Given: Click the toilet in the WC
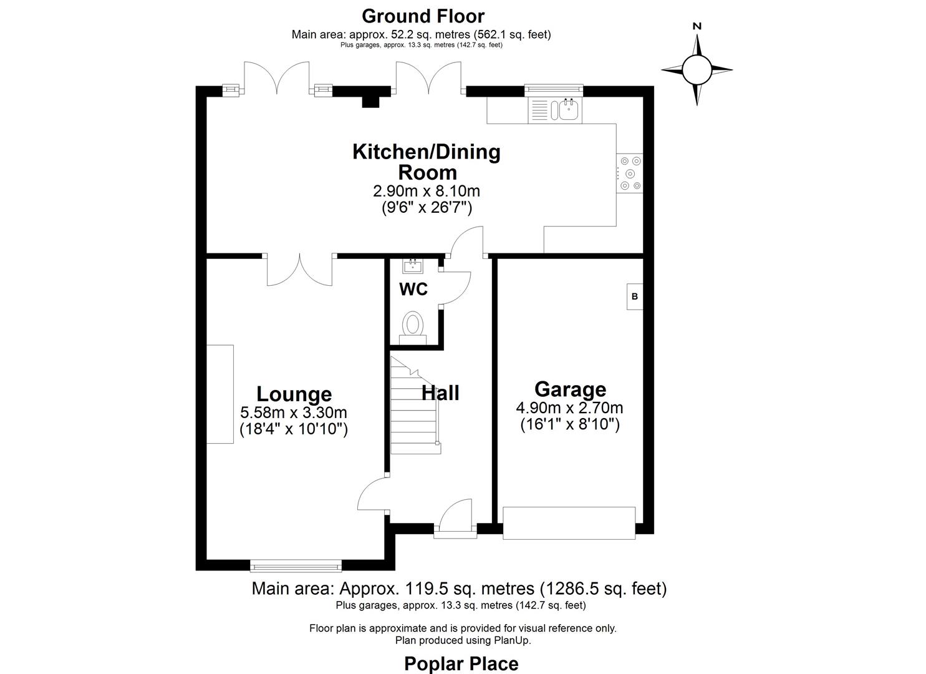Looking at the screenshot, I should (412, 326).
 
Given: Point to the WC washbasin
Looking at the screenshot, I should (412, 266).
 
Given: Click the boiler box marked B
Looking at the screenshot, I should (635, 296).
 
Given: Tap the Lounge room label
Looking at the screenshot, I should (294, 394).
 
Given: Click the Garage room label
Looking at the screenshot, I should (570, 389).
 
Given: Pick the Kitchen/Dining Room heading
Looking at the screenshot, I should (427, 162).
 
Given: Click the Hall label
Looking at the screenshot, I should (440, 393).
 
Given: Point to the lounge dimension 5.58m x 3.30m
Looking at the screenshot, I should (294, 413).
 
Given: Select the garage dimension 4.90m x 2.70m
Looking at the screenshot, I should (569, 408).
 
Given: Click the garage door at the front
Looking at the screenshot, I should (569, 523).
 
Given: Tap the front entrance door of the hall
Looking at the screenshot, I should (455, 518).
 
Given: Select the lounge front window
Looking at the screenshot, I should (296, 566).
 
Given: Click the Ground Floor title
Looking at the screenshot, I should (422, 16).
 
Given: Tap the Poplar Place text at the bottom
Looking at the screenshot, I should (461, 663).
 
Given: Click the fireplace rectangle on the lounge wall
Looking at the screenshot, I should (219, 394).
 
